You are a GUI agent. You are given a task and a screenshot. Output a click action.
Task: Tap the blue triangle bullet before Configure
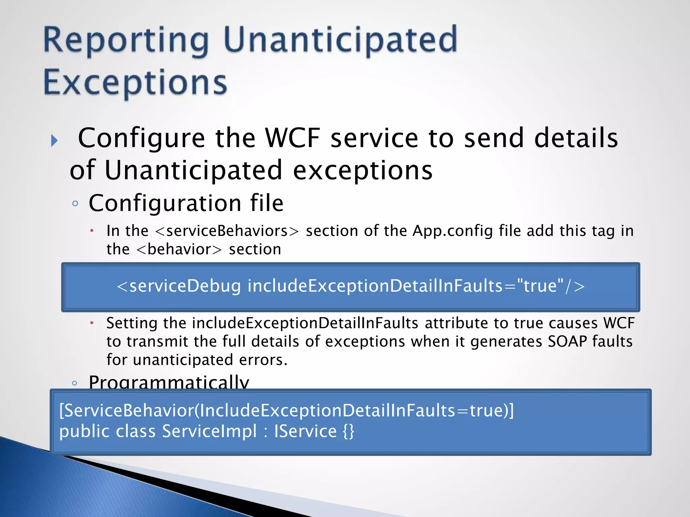(x=54, y=140)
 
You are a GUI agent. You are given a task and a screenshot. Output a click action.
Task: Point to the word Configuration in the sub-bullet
(x=165, y=203)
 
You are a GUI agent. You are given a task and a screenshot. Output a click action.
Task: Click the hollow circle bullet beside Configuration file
(x=75, y=203)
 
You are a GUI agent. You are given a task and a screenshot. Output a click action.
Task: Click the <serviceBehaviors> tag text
(x=227, y=231)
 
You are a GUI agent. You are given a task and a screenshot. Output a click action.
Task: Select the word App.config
(x=452, y=231)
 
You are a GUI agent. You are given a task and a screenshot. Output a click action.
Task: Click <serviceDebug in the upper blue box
(x=179, y=286)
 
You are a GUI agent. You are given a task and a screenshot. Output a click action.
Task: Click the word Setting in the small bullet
(x=132, y=323)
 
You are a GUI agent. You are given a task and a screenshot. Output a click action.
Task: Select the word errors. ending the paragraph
(x=263, y=360)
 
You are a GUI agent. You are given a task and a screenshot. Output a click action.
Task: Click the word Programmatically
(x=168, y=382)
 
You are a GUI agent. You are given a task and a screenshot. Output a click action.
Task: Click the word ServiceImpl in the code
(x=209, y=432)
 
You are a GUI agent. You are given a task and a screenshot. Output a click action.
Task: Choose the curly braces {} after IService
(x=348, y=432)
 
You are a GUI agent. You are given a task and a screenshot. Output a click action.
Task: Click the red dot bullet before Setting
(x=92, y=323)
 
